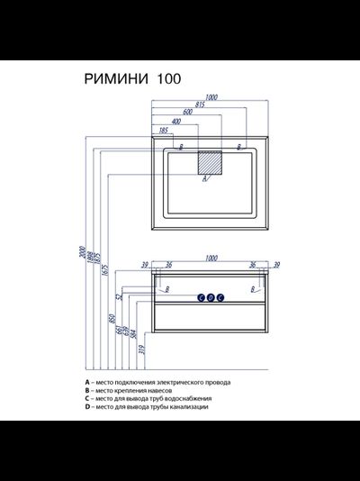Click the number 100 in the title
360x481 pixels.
(x=168, y=78)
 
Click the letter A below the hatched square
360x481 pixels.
(x=206, y=179)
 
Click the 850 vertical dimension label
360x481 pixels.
(x=112, y=321)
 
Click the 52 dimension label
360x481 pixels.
(x=118, y=295)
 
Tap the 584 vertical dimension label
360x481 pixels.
(x=132, y=334)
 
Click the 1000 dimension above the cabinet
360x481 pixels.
(x=211, y=257)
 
